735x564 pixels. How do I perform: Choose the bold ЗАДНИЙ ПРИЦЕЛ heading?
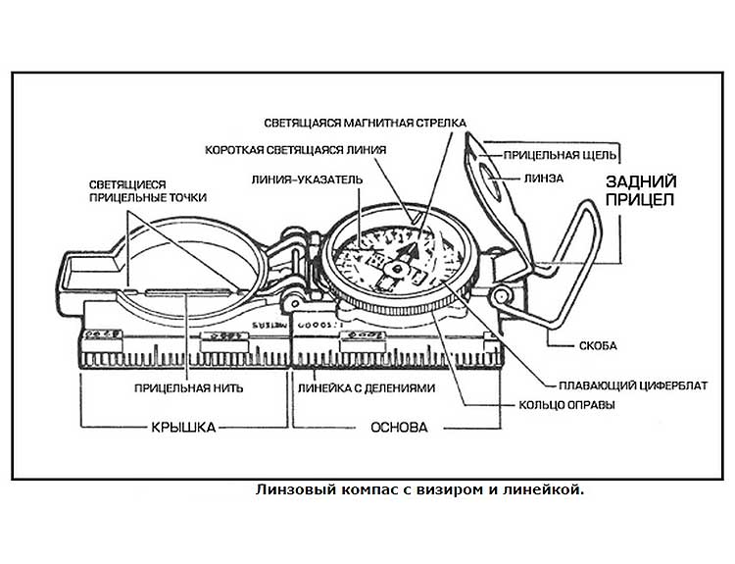[638, 190]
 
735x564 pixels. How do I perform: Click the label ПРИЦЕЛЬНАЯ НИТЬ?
[189, 387]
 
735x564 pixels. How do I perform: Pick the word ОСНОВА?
[396, 429]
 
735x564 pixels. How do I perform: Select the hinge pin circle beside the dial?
[501, 294]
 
